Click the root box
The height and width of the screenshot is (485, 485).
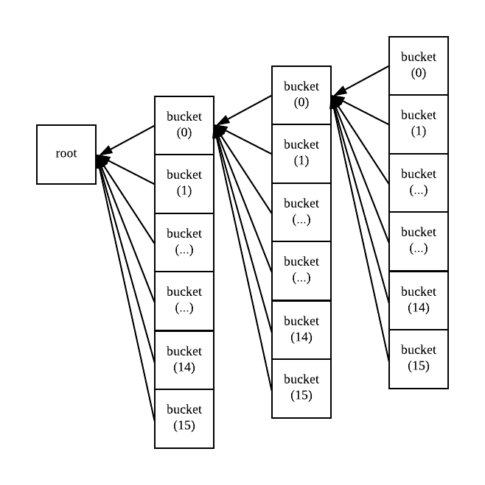66,155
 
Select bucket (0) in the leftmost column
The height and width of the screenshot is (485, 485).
184,125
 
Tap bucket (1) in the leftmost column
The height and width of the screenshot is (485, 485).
184,183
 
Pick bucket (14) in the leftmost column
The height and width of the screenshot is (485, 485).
184,359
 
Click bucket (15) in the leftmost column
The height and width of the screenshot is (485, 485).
184,418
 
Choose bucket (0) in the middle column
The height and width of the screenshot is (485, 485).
301,95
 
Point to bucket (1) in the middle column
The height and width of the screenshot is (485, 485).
301,153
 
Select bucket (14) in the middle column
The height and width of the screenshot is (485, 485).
301,330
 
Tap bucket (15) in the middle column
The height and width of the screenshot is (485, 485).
301,388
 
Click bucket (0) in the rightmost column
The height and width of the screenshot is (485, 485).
418,66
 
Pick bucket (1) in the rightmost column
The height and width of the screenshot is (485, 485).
418,124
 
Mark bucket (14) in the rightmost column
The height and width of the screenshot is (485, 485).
418,300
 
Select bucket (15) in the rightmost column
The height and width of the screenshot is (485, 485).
418,358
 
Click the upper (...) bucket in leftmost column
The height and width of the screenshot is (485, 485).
184,242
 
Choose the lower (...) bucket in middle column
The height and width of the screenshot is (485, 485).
301,271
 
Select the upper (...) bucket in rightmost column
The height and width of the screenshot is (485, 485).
418,183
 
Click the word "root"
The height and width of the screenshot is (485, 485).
66,154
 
